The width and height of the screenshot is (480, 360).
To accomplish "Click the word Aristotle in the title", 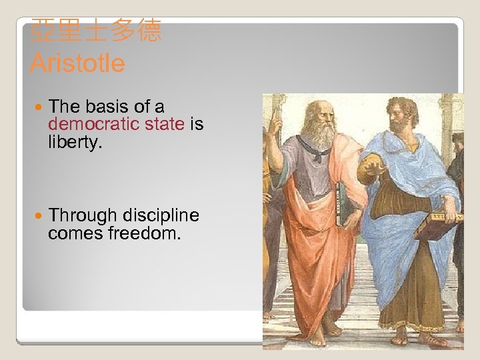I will click(77, 64).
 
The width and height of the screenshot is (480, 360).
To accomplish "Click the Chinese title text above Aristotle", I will click(96, 31).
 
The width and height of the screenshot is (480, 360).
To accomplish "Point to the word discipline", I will click(159, 215).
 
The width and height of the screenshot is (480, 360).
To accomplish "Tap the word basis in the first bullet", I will click(106, 107).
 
